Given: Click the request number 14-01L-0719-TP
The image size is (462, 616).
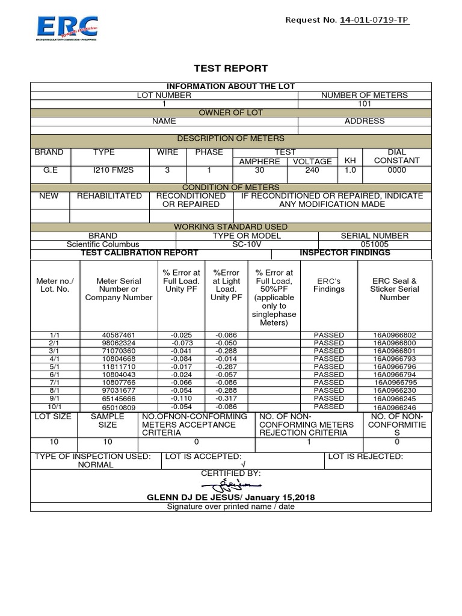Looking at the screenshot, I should (374, 20).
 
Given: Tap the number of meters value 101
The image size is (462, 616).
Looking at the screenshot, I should (365, 103).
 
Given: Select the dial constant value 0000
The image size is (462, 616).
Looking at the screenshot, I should (397, 170).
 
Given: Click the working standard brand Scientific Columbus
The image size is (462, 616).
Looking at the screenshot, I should (103, 244).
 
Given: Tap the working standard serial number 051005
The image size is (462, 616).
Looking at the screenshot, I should (374, 244).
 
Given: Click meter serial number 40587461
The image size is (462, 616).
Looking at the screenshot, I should (118, 334).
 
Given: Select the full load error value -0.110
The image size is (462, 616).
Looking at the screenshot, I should (181, 399).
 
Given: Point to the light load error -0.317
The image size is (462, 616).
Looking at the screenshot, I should (226, 399).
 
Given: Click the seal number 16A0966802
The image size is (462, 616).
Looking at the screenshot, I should (395, 334).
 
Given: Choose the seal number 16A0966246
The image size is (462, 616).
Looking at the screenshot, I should (395, 407).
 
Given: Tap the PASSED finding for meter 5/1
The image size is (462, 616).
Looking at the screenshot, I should (329, 366).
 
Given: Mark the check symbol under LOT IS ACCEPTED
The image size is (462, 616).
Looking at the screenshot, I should (242, 465).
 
